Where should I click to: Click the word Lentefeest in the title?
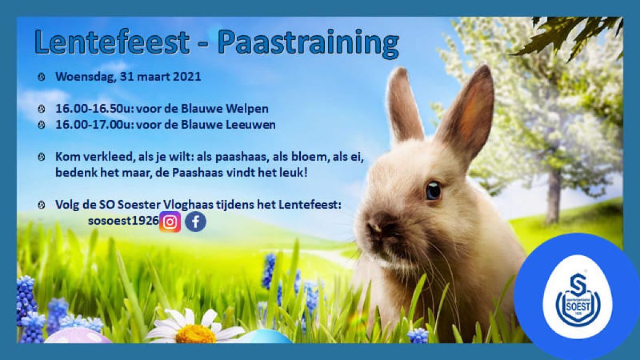coord(112,42)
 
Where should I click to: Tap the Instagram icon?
coord(170,222)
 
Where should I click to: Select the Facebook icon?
coord(195,222)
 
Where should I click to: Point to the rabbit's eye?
coord(433,191)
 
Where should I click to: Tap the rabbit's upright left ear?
coord(403,106)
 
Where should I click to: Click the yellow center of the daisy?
coord(196,334)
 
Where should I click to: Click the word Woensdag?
coord(85,77)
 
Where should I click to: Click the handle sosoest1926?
coord(123,221)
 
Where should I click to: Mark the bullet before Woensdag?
coord(42,77)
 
